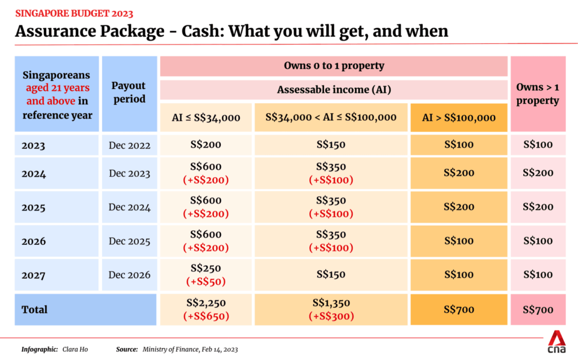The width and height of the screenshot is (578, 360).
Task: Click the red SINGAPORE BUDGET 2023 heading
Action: (x=74, y=12)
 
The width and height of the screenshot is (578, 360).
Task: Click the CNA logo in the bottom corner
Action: (x=557, y=343)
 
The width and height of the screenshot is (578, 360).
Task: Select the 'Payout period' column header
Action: (x=129, y=92)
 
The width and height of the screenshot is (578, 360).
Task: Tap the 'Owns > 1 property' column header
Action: (x=537, y=94)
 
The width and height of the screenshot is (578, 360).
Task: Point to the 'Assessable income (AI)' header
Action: (x=334, y=90)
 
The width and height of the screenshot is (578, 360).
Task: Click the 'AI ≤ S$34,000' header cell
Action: (x=206, y=117)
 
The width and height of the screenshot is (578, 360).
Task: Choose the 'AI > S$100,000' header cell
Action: (x=459, y=117)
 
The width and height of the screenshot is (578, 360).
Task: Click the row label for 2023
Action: (x=34, y=146)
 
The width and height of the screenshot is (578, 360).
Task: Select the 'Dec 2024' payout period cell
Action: (x=129, y=207)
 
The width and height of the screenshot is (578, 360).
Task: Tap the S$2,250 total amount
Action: (x=206, y=304)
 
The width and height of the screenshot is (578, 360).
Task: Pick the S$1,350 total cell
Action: (x=331, y=304)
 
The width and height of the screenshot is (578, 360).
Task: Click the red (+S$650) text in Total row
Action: (x=206, y=316)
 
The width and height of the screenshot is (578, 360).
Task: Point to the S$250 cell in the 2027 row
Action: (x=206, y=269)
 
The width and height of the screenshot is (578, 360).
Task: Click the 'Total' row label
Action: (x=34, y=309)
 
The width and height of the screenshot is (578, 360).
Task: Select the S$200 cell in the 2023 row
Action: (x=206, y=145)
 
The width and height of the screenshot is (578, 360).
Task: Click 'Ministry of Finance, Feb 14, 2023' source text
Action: (x=190, y=349)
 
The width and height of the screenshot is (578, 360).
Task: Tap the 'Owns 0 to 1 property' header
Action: (x=334, y=66)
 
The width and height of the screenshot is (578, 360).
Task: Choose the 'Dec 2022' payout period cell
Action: (x=129, y=146)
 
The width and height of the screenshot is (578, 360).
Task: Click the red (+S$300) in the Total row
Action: (x=331, y=316)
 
